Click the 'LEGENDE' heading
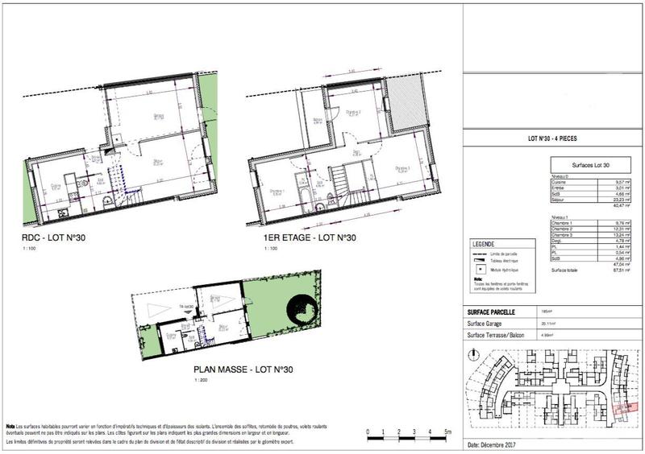484,244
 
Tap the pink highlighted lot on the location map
624,409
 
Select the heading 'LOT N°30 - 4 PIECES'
552,138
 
